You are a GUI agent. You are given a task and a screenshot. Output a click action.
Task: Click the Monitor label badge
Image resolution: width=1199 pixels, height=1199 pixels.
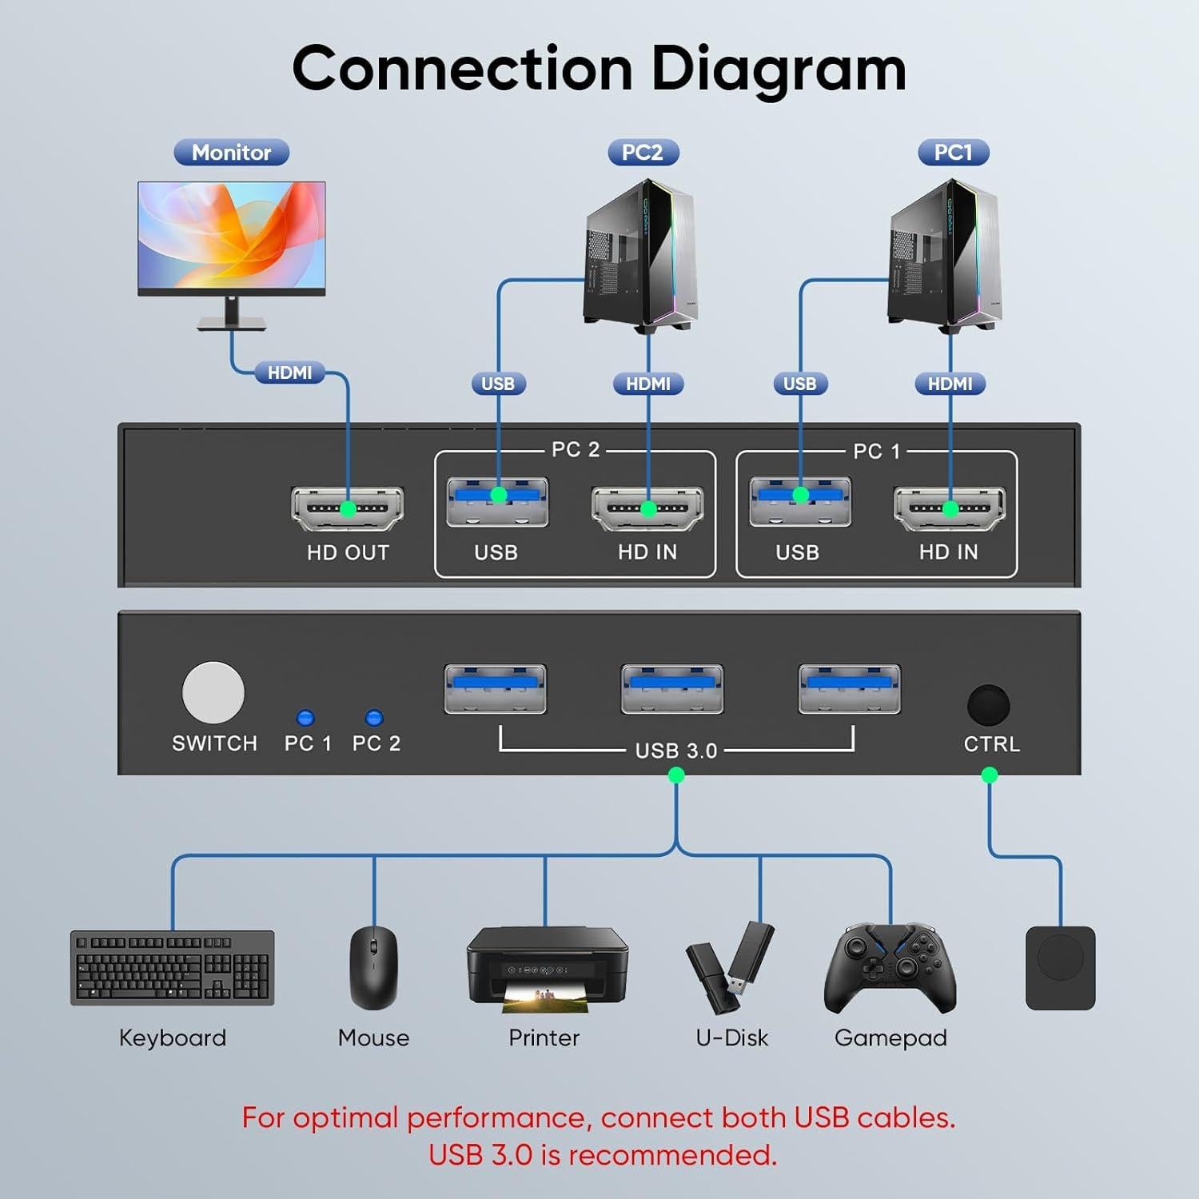coord(231,153)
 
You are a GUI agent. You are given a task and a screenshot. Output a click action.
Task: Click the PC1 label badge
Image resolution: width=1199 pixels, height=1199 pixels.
coord(953,153)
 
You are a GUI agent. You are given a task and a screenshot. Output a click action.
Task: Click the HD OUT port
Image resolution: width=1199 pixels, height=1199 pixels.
coord(348,508)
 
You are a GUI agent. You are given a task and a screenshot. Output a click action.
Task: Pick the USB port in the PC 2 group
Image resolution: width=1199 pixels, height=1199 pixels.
coord(497,502)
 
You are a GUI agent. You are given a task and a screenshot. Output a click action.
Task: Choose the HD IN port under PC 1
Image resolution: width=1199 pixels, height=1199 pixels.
coord(950,508)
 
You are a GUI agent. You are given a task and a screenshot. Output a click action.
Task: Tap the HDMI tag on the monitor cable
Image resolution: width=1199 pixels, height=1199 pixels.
coord(289,372)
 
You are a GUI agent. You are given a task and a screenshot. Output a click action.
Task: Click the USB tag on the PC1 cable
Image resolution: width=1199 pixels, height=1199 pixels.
coord(799,384)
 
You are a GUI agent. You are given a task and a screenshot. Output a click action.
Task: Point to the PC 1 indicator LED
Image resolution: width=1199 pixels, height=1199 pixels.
coord(305,718)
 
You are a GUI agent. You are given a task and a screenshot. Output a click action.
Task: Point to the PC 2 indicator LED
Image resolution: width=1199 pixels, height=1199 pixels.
coord(373,718)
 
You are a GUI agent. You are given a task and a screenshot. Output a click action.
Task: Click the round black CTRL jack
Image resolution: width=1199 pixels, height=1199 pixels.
coord(989,705)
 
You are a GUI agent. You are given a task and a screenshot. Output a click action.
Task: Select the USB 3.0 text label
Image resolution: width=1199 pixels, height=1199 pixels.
coord(676,751)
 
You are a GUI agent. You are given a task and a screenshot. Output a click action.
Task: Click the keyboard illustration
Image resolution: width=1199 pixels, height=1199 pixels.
coord(173,967)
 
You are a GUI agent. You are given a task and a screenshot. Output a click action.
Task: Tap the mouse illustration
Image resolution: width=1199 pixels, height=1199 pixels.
coord(373,967)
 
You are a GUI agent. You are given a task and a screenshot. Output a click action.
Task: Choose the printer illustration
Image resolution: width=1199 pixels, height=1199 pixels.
coord(547,967)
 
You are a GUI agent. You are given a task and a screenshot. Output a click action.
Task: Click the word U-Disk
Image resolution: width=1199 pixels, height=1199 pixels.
coord(732,1038)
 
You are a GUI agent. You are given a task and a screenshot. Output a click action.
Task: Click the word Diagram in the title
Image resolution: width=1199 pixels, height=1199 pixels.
coord(779,69)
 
